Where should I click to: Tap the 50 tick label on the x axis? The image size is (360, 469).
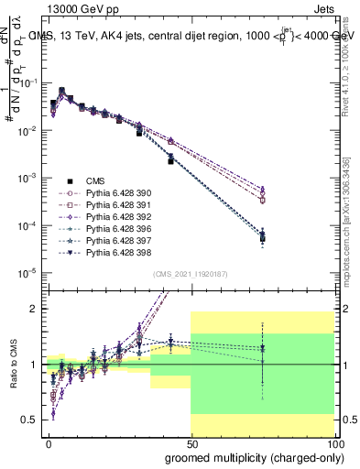pos(191,442)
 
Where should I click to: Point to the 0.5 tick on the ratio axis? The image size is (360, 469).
pos(29,420)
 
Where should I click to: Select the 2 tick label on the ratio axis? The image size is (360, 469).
pos(34,309)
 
